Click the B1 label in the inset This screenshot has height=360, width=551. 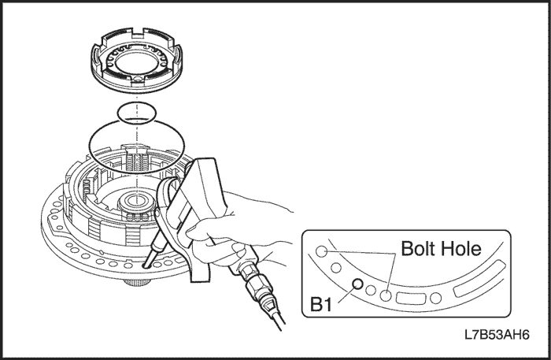click(x=321, y=304)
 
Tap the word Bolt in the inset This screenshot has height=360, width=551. click(x=419, y=249)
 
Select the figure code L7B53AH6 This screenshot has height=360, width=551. click(x=497, y=335)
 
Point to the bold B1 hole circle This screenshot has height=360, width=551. click(x=357, y=284)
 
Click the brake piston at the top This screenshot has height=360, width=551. click(x=138, y=60)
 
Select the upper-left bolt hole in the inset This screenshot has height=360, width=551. click(x=321, y=251)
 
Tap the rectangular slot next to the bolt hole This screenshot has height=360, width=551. click(x=411, y=299)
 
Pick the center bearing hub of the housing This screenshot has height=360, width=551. click(x=135, y=203)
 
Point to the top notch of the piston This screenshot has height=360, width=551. click(x=139, y=34)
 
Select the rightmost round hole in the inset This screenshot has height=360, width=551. click(x=436, y=298)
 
